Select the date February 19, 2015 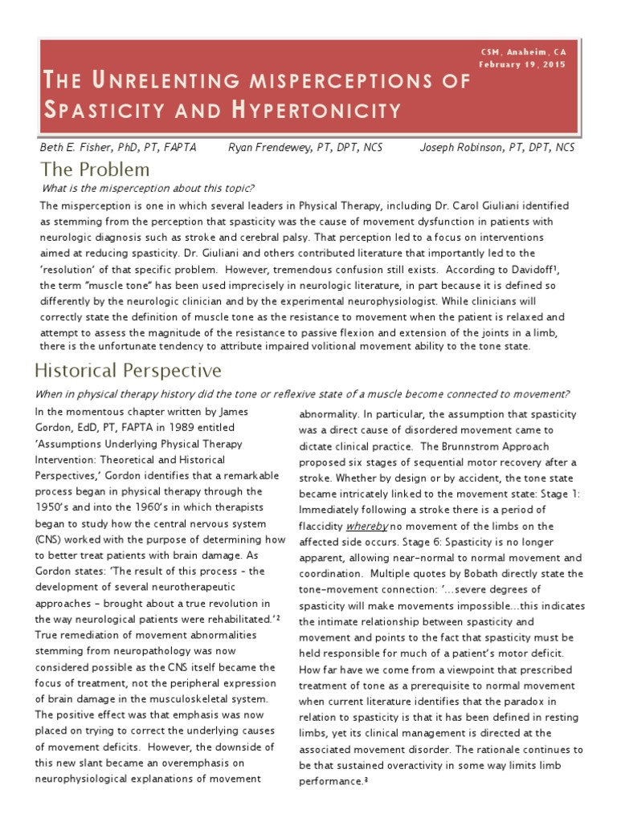[x=522, y=64]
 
